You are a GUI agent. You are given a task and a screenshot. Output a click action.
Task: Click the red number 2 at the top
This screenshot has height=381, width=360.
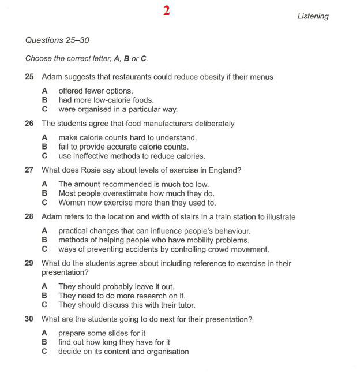166,11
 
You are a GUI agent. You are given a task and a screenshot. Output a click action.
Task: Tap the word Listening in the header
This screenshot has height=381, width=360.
313,16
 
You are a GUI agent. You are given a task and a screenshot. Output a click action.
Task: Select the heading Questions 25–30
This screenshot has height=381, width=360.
57,40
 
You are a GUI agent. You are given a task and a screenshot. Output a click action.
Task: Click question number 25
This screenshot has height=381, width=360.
29,77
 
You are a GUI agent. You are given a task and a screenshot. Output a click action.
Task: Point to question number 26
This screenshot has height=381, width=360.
29,124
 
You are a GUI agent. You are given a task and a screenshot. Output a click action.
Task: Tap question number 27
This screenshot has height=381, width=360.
29,170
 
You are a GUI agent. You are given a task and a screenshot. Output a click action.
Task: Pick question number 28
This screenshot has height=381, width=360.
29,217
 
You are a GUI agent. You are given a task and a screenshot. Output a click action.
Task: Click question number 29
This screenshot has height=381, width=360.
29,263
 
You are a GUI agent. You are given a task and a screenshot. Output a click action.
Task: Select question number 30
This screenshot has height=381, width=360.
29,319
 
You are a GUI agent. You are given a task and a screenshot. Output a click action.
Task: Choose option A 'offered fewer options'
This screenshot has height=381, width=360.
95,91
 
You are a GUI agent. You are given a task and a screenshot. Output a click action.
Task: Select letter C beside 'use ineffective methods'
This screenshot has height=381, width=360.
44,156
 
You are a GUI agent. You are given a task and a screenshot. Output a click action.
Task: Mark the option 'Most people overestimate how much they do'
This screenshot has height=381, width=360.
136,193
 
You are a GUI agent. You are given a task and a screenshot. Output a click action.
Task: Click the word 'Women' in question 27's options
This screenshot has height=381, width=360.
71,203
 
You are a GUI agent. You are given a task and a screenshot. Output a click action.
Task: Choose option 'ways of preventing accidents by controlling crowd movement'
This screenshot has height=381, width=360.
163,249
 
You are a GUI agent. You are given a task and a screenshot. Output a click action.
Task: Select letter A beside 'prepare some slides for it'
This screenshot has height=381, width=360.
44,333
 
